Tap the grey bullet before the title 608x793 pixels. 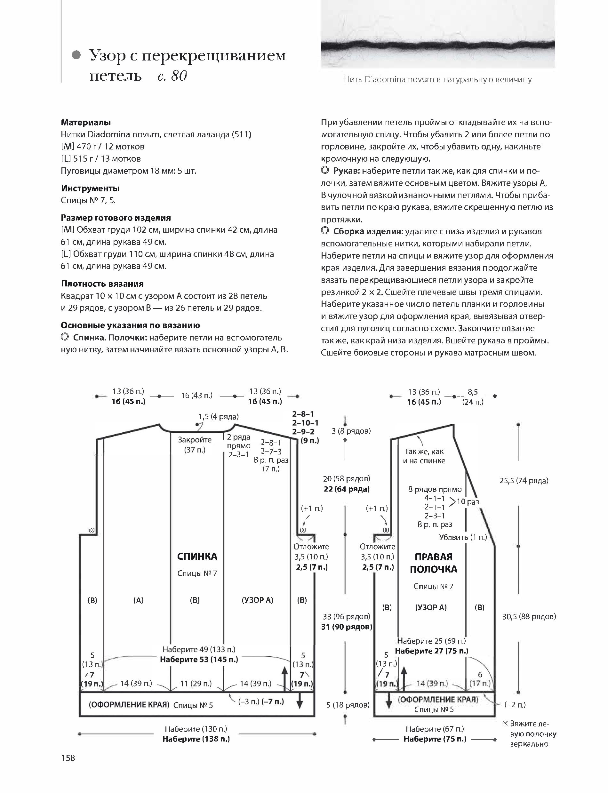click(x=76, y=55)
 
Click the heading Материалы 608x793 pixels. click(x=86, y=122)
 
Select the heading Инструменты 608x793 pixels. click(x=90, y=188)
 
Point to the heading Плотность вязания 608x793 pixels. click(x=102, y=284)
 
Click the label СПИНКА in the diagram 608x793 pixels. click(x=197, y=556)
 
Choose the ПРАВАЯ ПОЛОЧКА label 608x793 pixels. click(x=433, y=563)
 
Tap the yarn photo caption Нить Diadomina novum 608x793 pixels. click(x=437, y=80)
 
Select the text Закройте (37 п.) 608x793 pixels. click(x=195, y=445)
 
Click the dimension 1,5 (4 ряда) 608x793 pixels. click(x=218, y=417)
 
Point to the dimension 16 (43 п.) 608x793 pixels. click(x=196, y=396)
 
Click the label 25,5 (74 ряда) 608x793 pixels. click(x=524, y=481)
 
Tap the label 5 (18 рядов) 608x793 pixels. click(x=348, y=705)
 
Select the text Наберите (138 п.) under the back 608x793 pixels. click(x=196, y=739)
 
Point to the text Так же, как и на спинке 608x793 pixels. click(x=424, y=456)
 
